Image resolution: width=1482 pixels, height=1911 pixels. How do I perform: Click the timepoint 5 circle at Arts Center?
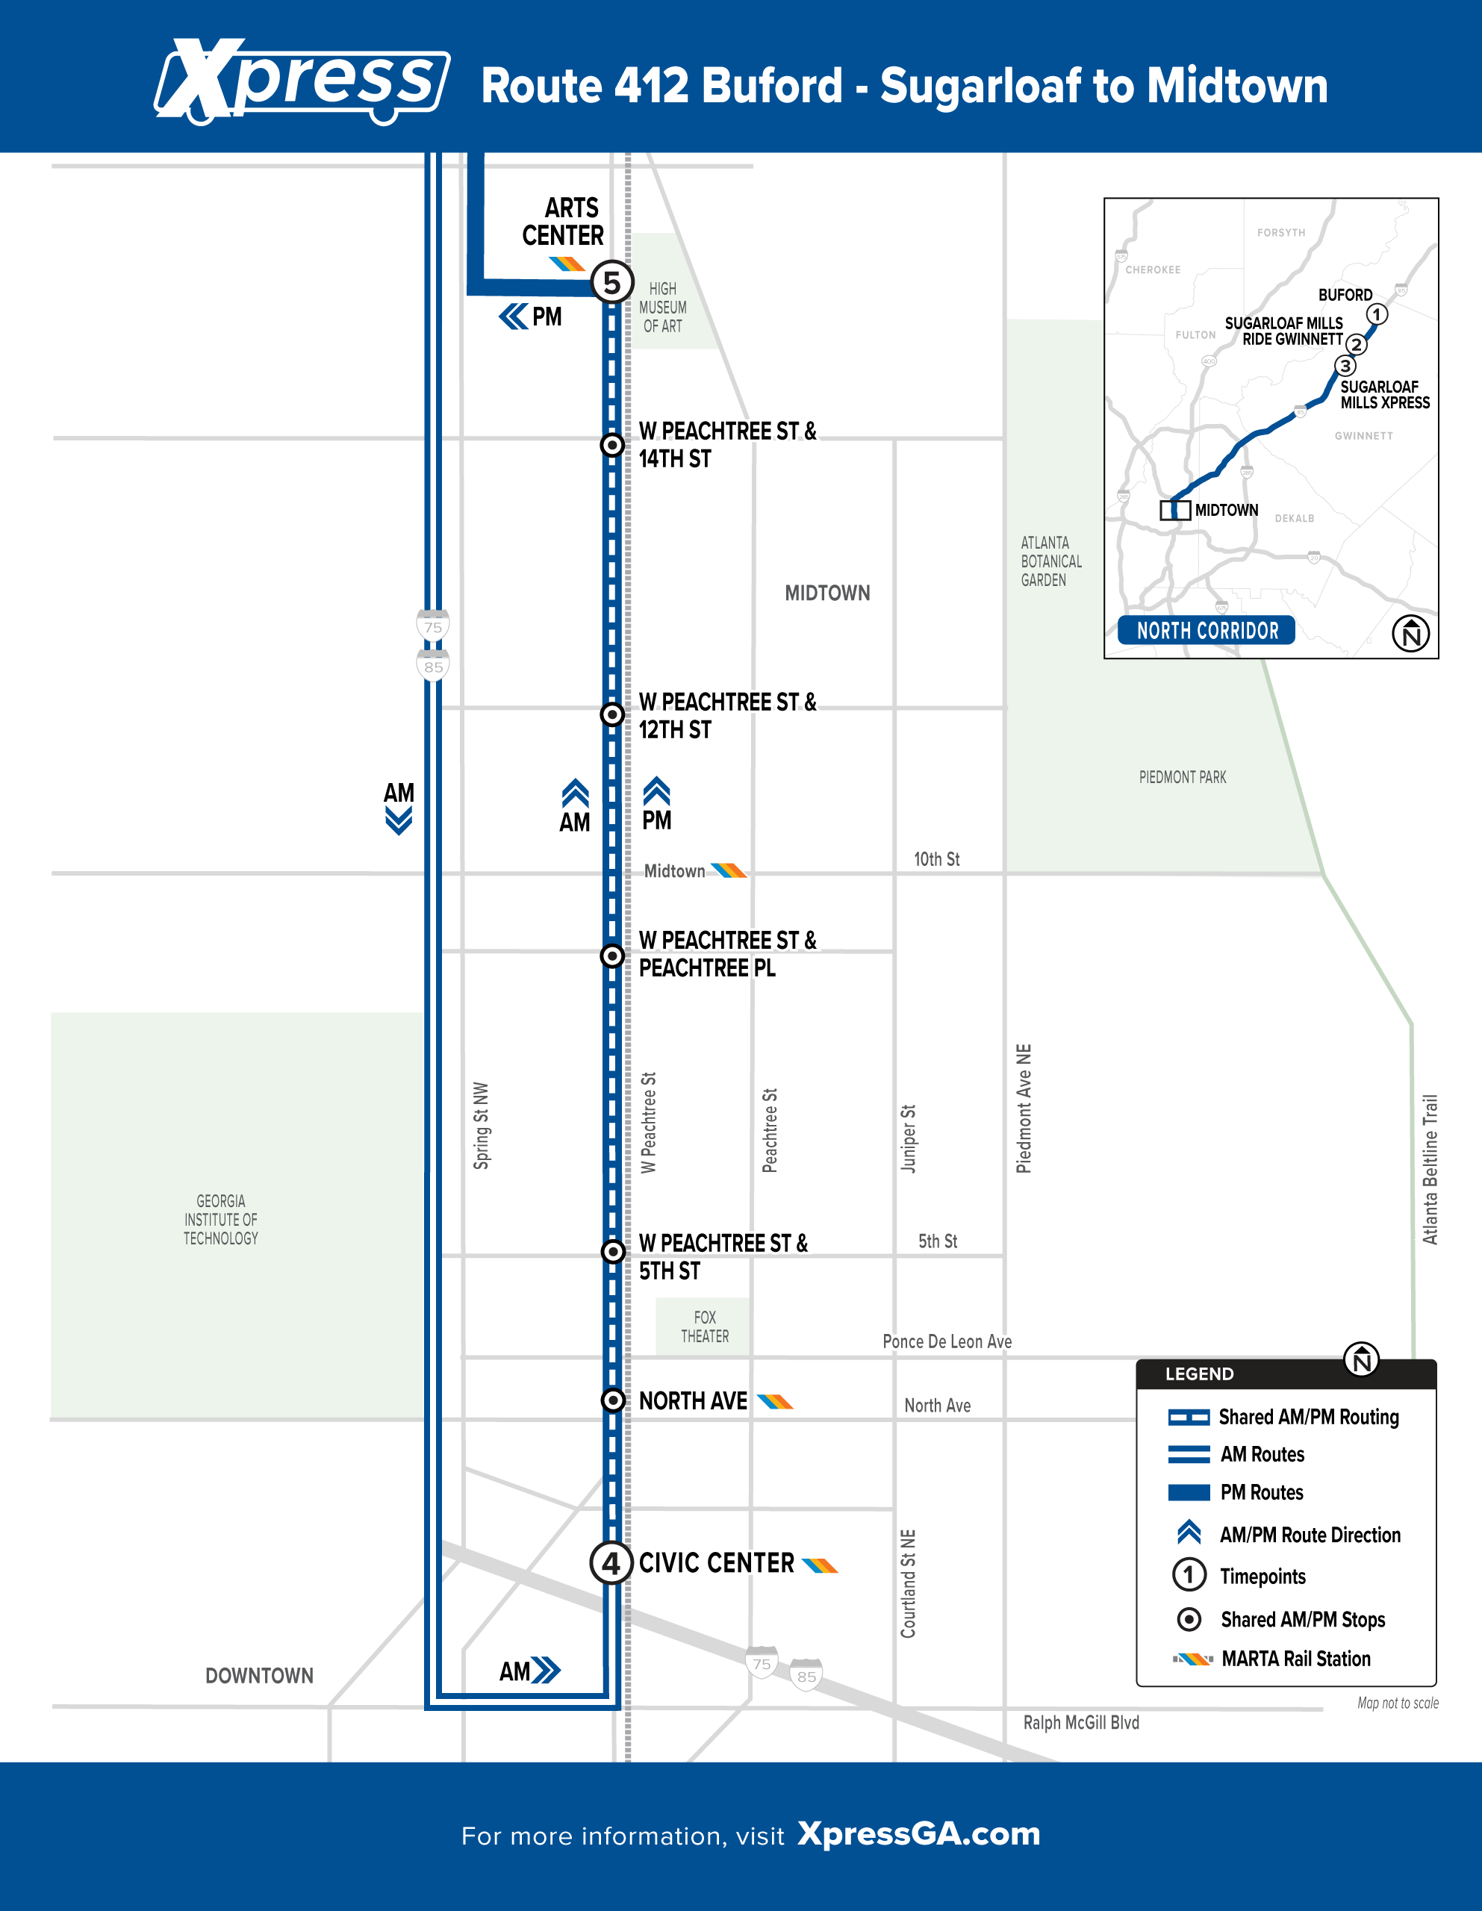click(x=612, y=281)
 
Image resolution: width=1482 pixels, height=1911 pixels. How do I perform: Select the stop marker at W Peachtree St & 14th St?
click(x=613, y=444)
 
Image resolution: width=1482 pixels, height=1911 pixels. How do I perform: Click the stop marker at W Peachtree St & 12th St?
click(x=613, y=714)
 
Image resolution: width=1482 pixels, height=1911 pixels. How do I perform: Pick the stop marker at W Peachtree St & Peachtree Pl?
click(x=613, y=955)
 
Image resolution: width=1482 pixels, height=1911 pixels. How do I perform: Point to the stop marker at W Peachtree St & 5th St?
click(x=613, y=1251)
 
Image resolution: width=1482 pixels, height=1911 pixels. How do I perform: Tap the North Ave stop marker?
click(x=613, y=1400)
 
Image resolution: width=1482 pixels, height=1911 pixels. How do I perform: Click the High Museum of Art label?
click(x=663, y=307)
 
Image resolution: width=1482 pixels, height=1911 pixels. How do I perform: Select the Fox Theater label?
click(x=705, y=1327)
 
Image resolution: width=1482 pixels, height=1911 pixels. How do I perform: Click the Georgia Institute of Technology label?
click(x=220, y=1220)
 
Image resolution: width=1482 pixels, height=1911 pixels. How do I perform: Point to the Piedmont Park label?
click(x=1183, y=777)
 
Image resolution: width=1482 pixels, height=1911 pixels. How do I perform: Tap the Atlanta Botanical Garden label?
click(x=1051, y=561)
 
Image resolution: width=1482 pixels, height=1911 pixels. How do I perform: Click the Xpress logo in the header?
click(x=302, y=81)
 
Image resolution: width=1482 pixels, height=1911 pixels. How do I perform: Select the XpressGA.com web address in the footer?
click(x=919, y=1833)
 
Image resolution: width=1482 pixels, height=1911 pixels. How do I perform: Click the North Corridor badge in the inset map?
click(x=1207, y=630)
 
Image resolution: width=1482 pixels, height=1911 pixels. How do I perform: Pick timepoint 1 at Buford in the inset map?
click(x=1377, y=314)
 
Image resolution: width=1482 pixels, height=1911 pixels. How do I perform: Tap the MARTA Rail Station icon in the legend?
click(x=1193, y=1659)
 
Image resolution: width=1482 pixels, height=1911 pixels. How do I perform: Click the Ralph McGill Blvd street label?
click(x=1081, y=1722)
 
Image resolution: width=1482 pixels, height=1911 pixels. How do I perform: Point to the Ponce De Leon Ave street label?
click(x=947, y=1341)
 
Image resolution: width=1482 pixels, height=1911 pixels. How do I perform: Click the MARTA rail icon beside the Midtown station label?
click(x=728, y=870)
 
